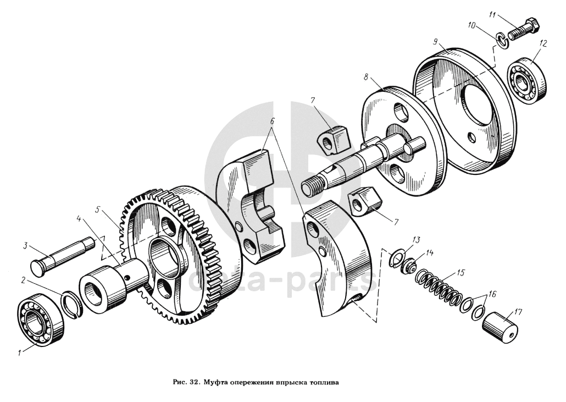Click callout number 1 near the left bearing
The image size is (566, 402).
tap(20, 354)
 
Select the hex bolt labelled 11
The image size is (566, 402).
tap(521, 30)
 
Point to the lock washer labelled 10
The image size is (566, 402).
tap(501, 38)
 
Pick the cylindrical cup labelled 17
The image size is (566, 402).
tap(501, 324)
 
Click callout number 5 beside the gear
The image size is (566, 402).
tap(97, 210)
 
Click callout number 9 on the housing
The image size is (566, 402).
tap(435, 42)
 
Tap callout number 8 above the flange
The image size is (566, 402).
tap(365, 78)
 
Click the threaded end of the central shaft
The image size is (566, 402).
tap(312, 186)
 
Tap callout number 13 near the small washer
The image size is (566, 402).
tap(416, 239)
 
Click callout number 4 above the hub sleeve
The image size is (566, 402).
tap(79, 218)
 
